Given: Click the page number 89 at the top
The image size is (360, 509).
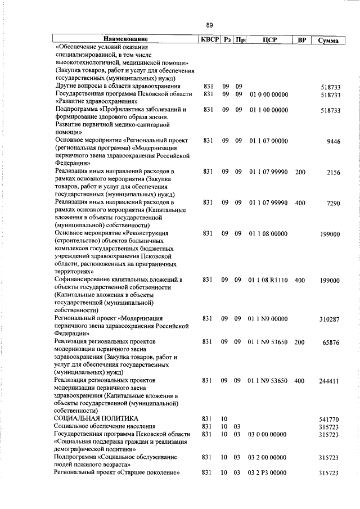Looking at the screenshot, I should point(209,25).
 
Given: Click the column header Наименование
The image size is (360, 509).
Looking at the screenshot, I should point(126,40).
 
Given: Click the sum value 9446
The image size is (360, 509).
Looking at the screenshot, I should point(334,143).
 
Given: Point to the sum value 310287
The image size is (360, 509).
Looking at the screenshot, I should point(330,319).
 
